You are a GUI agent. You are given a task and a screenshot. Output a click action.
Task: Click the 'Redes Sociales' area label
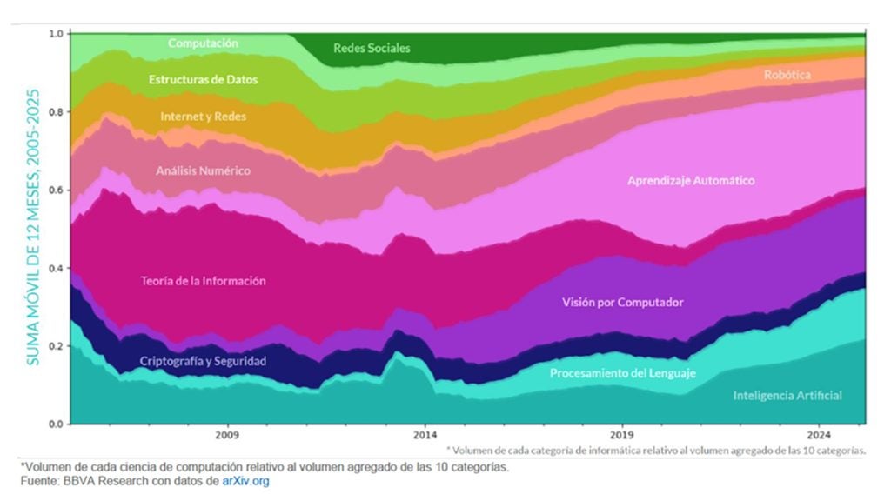[x=372, y=49]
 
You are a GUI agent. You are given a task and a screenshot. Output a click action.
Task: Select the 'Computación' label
[x=203, y=43]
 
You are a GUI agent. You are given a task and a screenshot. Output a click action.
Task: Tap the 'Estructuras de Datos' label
[x=203, y=79]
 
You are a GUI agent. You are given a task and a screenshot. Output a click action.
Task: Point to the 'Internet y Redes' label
[x=203, y=116]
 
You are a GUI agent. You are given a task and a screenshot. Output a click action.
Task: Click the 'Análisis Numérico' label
[x=203, y=170]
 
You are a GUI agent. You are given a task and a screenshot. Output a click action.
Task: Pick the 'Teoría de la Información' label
[x=203, y=281]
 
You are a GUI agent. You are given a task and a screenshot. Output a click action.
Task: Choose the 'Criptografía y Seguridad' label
[x=203, y=360]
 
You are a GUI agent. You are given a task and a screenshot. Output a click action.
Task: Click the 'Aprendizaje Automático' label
[x=691, y=181]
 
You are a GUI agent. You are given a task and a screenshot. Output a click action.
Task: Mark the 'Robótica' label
[x=787, y=76]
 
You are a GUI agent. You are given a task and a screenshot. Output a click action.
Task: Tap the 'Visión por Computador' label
[x=623, y=303]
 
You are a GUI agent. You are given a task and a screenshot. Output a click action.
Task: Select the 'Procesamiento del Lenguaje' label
[x=623, y=373]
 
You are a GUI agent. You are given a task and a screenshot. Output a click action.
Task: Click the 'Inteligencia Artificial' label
[x=787, y=396]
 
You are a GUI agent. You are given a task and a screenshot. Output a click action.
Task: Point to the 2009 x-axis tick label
[x=227, y=434]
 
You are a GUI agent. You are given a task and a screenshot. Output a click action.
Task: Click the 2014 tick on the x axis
[x=425, y=434]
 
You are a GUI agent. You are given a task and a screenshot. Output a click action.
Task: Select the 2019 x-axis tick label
[x=621, y=434]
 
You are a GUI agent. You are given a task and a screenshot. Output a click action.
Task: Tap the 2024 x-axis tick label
[x=818, y=434]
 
